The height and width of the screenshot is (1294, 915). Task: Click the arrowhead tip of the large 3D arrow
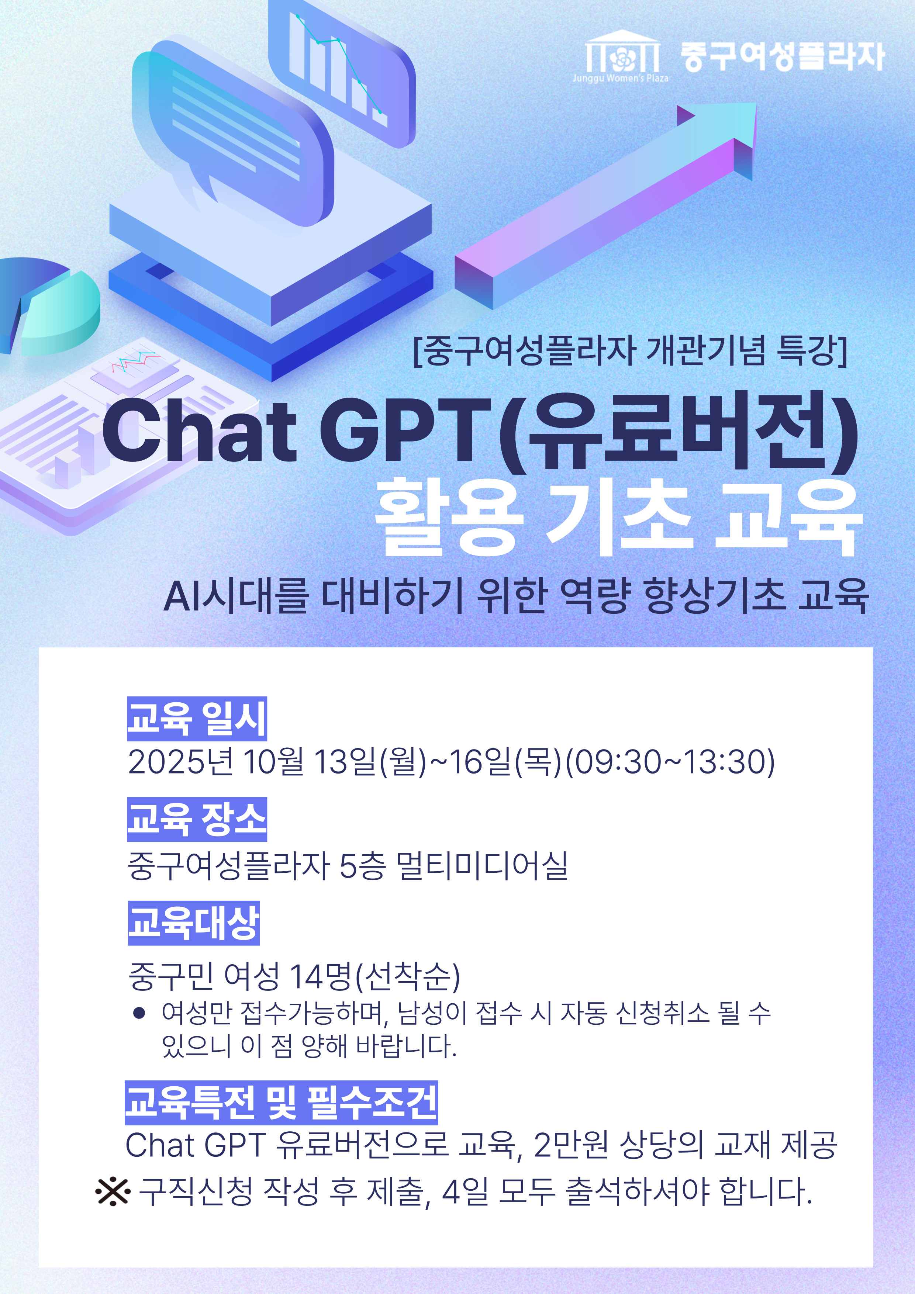coord(756,103)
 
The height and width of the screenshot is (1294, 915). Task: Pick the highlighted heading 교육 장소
coord(197,819)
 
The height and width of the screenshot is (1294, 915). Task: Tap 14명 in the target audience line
coord(320,977)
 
